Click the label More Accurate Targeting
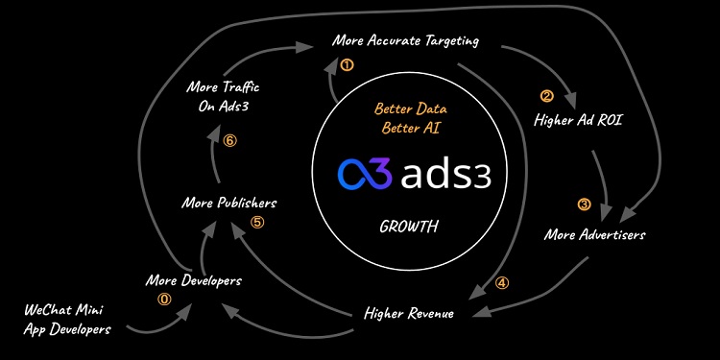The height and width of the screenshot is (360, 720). click(405, 41)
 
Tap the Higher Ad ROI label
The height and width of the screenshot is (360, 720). click(572, 120)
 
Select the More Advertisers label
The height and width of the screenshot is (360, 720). click(594, 234)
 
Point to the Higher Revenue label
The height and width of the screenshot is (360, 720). click(408, 313)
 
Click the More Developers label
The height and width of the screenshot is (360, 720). click(193, 280)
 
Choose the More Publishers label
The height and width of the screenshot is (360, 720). click(229, 203)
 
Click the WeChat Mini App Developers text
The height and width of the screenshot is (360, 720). click(66, 320)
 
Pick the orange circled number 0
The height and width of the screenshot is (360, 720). click(163, 299)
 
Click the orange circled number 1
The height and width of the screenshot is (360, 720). click(347, 65)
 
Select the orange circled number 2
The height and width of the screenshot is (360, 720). click(546, 96)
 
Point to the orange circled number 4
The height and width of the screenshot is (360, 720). click(502, 283)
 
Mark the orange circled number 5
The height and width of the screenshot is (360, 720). click(256, 223)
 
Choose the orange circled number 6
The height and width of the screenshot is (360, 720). click(228, 140)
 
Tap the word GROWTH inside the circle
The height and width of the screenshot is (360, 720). click(408, 228)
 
